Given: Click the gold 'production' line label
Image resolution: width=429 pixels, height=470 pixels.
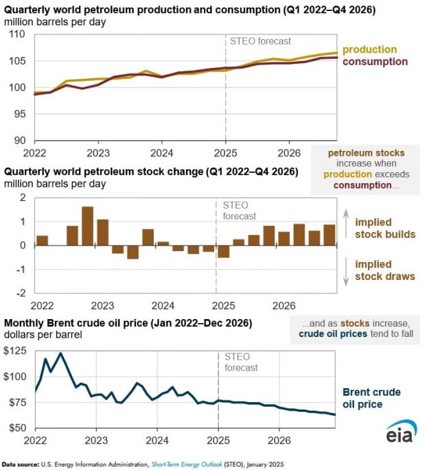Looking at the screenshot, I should (x=369, y=49).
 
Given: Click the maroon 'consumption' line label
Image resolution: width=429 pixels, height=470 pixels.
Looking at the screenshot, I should (x=375, y=61).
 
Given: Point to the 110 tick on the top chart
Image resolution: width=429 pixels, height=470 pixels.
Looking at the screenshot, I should (x=21, y=34).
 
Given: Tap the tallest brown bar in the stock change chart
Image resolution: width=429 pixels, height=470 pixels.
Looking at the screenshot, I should (x=87, y=226).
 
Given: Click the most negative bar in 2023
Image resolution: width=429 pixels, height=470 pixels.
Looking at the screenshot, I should (x=132, y=252).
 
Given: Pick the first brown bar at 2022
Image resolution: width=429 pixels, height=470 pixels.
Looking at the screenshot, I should (x=42, y=240).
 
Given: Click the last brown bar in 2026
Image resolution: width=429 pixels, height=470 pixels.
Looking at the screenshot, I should (x=329, y=235).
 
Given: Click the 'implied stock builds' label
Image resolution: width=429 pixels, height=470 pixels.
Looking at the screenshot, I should (x=385, y=228).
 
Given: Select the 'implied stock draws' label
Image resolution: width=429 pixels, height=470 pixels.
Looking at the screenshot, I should (x=385, y=270).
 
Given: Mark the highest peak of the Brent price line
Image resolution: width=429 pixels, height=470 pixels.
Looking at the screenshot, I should (x=61, y=353).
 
